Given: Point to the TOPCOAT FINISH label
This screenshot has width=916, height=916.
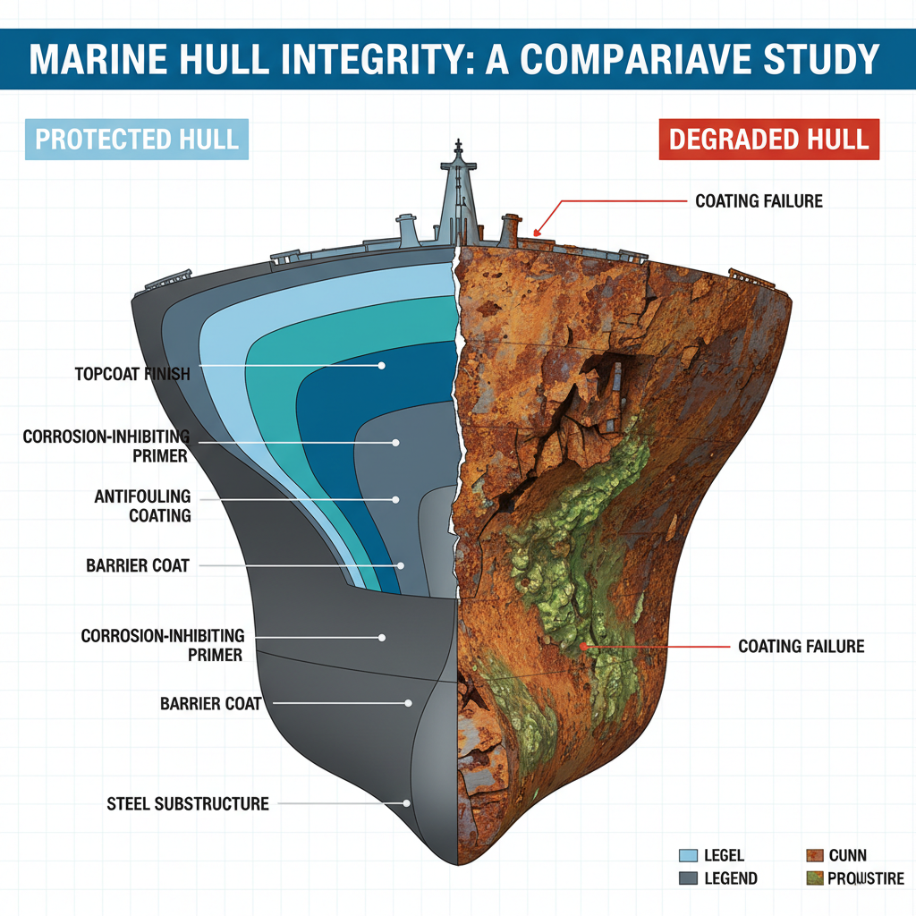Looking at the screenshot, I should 132,373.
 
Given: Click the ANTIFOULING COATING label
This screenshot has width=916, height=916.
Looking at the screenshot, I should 142,505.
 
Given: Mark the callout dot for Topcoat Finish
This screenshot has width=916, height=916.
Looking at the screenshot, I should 382,366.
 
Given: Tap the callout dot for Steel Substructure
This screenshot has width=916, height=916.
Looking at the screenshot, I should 407,803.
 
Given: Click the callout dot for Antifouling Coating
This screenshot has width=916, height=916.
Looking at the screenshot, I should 400,499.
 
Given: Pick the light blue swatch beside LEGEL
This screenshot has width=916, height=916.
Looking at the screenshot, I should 689,856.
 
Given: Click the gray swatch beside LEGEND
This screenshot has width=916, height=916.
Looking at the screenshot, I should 689,878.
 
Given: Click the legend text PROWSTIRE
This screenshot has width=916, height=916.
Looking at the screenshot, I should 865,878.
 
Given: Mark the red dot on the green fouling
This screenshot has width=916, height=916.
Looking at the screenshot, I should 583,644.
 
